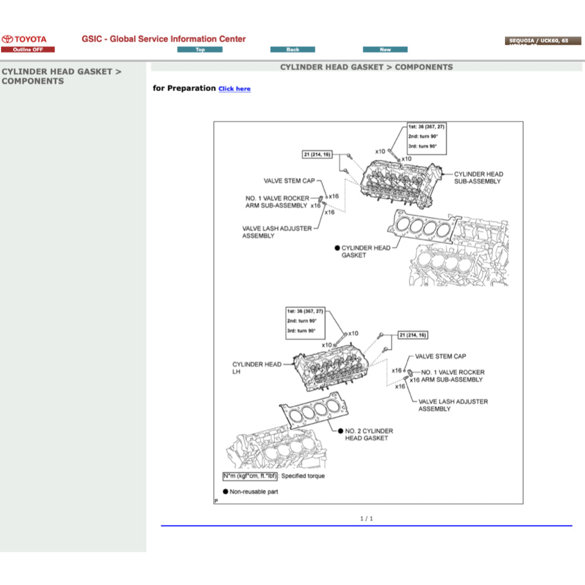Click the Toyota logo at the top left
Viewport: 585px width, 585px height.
point(24,39)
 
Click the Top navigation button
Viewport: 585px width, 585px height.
point(199,50)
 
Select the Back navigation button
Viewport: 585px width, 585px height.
point(292,50)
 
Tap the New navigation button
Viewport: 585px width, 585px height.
point(385,50)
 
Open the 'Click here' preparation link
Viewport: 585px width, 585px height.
point(234,89)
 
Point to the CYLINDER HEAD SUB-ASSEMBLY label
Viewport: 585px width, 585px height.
point(478,178)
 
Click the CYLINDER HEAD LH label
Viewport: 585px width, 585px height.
point(257,368)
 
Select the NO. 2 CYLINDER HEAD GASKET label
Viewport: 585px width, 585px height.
point(368,434)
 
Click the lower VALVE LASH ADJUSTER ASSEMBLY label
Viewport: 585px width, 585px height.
point(453,405)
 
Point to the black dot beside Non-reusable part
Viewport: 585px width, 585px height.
point(226,491)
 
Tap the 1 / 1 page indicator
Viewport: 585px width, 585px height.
point(366,519)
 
